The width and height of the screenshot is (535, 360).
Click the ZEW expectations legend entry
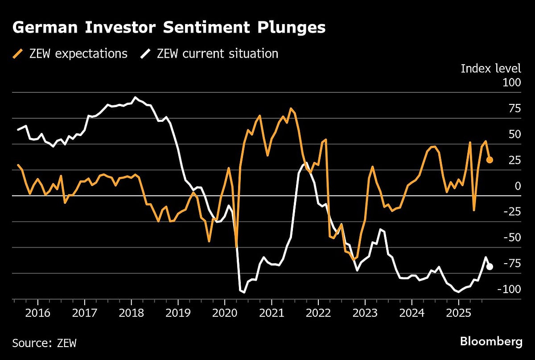[x=70, y=54]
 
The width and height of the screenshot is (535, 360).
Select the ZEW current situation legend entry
[x=210, y=54]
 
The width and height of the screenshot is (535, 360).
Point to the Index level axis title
[x=490, y=68]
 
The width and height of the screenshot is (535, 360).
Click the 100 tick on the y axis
[x=511, y=83]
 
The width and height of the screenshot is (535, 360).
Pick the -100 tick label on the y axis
[x=508, y=290]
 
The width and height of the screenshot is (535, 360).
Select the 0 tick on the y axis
[x=517, y=186]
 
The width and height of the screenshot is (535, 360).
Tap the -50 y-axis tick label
[x=510, y=238]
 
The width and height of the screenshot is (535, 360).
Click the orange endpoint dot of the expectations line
[x=489, y=160]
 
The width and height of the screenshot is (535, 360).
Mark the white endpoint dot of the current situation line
[x=489, y=267]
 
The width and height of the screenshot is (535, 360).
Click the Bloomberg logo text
[x=491, y=342]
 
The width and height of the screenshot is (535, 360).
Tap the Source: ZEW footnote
[x=44, y=343]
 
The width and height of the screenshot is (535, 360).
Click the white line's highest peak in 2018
[x=136, y=97]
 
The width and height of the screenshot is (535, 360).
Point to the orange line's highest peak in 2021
[x=291, y=108]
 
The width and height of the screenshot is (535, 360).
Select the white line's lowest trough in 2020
[x=244, y=293]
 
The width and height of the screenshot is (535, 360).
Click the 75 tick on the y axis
[x=514, y=109]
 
